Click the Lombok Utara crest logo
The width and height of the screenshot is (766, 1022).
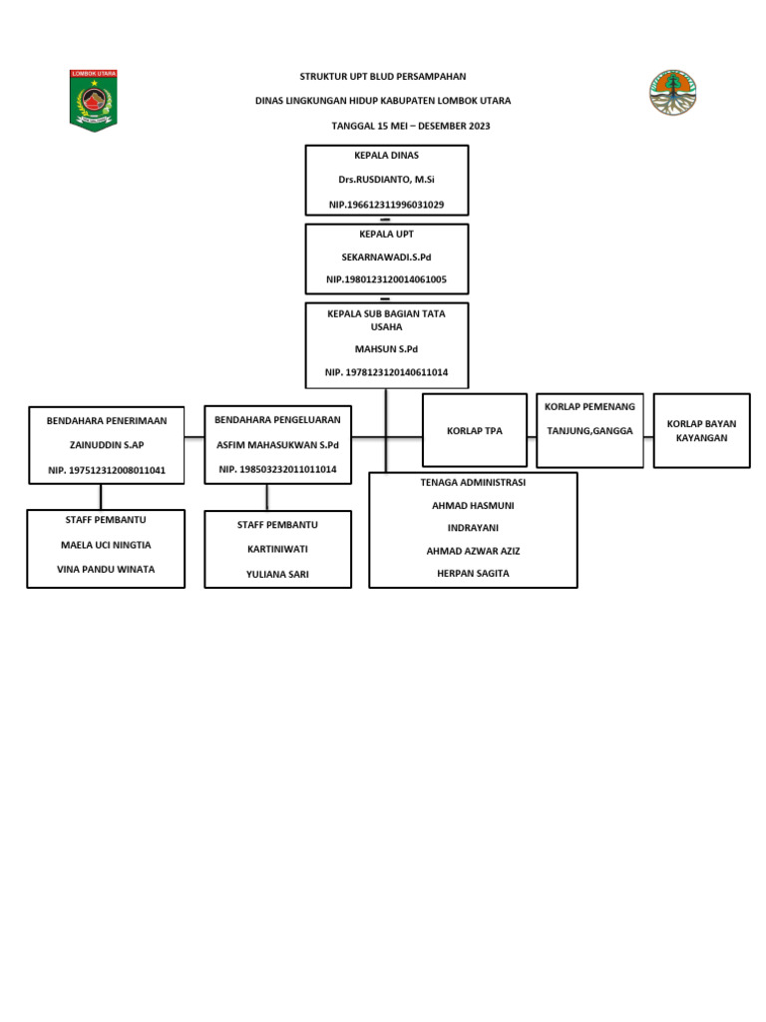pos(93,100)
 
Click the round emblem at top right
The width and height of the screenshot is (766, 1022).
pos(673,92)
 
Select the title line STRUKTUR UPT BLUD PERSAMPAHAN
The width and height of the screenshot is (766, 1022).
pos(383,77)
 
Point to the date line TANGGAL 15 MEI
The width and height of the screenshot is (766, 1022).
pos(410,127)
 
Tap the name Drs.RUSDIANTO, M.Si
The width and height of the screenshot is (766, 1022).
pos(386,180)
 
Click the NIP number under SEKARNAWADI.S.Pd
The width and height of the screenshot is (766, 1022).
pos(386,279)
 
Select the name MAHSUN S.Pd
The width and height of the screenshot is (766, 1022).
pos(386,349)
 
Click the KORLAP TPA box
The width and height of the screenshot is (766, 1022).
pos(475,431)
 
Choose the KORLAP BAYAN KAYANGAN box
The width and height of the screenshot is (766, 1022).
pos(701,431)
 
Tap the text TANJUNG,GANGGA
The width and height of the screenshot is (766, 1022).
pos(589,430)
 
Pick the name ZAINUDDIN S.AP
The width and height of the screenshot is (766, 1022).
pos(107,445)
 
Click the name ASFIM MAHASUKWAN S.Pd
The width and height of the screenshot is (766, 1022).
pos(277,444)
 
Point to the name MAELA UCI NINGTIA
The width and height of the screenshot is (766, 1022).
pos(107,546)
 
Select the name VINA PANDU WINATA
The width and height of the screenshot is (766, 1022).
pos(107,570)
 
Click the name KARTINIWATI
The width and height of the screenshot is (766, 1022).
pos(277,550)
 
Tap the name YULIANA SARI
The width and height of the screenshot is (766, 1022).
pos(277,574)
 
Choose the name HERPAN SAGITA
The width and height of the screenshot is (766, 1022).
pos(473,574)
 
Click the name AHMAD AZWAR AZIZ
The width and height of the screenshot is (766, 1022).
pos(473,551)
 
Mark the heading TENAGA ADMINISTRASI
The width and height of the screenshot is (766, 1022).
pos(473,483)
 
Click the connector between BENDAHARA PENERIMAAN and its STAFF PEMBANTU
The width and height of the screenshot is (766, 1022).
pos(101,497)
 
